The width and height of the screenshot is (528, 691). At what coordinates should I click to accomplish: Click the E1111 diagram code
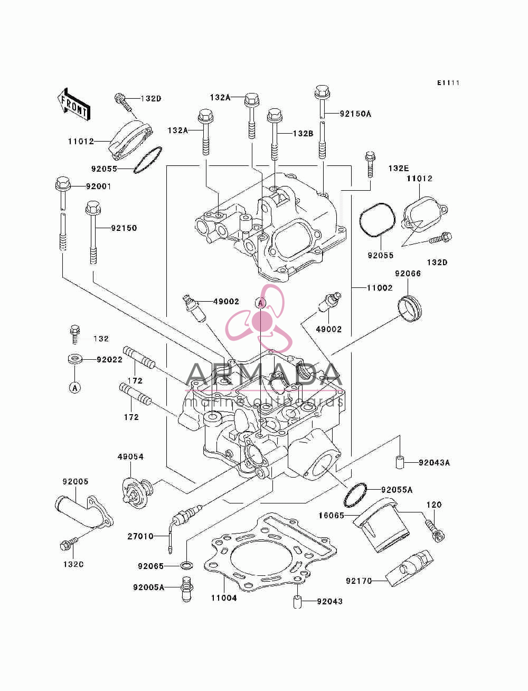(x=448, y=83)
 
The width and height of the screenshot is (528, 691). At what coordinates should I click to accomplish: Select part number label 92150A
(x=355, y=114)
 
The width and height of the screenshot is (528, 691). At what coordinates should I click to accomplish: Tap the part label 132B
(x=303, y=134)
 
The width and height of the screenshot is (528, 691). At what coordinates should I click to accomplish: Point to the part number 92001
(x=99, y=186)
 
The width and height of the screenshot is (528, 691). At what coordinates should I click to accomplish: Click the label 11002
(x=380, y=288)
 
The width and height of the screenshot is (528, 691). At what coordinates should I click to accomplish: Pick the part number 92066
(x=408, y=273)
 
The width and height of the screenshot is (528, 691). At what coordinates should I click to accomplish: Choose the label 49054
(x=130, y=456)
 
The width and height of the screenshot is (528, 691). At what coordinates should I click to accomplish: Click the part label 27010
(x=140, y=536)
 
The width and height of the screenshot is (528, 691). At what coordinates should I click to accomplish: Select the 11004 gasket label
(x=224, y=598)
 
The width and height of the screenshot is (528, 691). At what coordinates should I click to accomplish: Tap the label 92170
(x=359, y=581)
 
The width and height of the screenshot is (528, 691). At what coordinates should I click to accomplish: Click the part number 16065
(x=331, y=515)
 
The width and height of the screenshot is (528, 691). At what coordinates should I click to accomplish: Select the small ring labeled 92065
(x=187, y=566)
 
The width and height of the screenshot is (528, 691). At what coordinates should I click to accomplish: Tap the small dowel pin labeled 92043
(x=297, y=602)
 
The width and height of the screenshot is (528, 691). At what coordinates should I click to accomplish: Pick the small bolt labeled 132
(x=75, y=334)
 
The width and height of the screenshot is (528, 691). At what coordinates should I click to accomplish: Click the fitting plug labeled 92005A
(x=187, y=589)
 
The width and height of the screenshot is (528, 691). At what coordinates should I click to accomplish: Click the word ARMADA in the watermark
(x=263, y=375)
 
